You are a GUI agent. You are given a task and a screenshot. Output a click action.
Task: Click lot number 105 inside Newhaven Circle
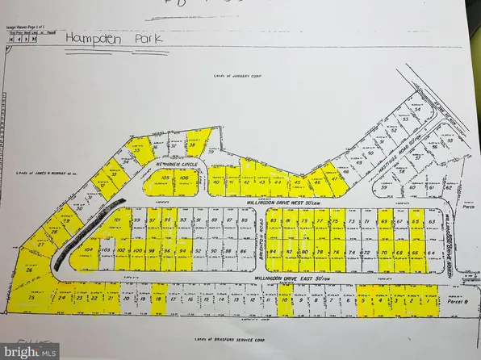[x=165, y=178]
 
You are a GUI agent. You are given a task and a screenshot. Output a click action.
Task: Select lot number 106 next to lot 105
[x=184, y=178]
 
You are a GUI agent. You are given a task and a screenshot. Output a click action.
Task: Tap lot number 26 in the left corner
[x=31, y=272]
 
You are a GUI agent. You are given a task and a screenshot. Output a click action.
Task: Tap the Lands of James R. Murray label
[x=42, y=174]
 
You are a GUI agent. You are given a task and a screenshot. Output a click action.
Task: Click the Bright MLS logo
[x=31, y=351]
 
